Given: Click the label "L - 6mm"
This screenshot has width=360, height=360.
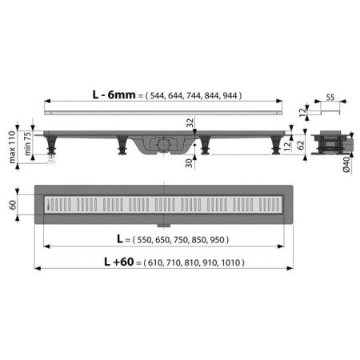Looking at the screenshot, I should [x=113, y=96].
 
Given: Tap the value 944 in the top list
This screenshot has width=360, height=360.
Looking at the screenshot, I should [x=230, y=96].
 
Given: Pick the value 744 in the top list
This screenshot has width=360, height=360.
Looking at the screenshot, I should [x=193, y=96].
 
